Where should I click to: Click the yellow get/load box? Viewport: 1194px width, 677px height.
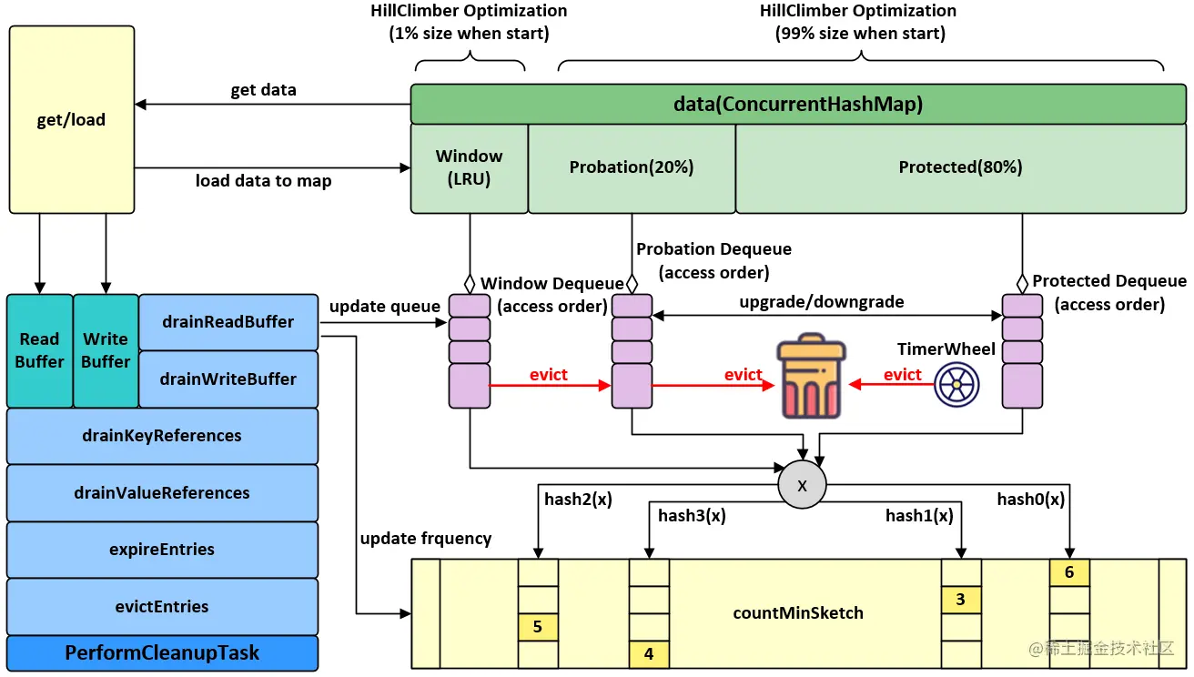pyautogui.click(x=72, y=119)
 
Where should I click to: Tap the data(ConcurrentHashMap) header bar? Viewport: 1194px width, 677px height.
pyautogui.click(x=798, y=105)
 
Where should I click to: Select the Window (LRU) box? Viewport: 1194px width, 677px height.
pyautogui.click(x=470, y=168)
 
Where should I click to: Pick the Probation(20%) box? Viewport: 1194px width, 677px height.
pyautogui.click(x=632, y=168)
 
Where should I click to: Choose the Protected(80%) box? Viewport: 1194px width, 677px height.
pyautogui.click(x=960, y=168)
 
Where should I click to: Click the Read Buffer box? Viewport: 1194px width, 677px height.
pyautogui.click(x=40, y=350)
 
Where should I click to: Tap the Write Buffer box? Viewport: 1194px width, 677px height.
pyautogui.click(x=106, y=350)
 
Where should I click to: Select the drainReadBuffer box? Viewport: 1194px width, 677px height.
pyautogui.click(x=228, y=322)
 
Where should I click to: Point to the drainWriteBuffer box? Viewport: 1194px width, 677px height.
pyautogui.click(x=228, y=379)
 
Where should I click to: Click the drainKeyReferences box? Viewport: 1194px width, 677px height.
pyautogui.click(x=162, y=436)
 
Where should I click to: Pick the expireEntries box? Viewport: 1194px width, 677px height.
pyautogui.click(x=162, y=550)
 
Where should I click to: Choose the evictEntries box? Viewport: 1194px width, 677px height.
pyautogui.click(x=162, y=607)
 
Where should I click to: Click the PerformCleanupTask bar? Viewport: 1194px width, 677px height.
pyautogui.click(x=162, y=653)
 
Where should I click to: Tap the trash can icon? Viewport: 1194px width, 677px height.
pyautogui.click(x=810, y=379)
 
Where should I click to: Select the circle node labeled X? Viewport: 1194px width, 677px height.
pyautogui.click(x=802, y=486)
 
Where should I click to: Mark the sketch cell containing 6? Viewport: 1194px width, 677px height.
pyautogui.click(x=1069, y=572)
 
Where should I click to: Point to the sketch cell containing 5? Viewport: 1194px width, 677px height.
pyautogui.click(x=538, y=627)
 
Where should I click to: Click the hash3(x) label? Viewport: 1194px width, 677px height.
pyautogui.click(x=692, y=516)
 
